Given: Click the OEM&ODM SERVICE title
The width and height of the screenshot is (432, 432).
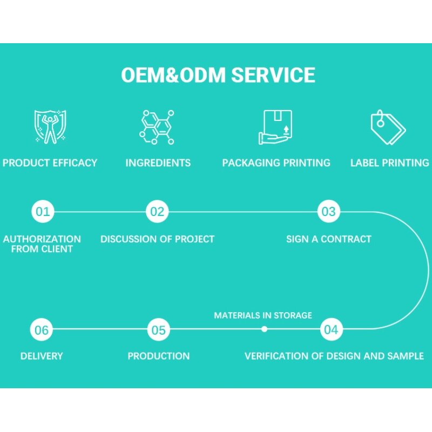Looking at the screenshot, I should [x=218, y=75].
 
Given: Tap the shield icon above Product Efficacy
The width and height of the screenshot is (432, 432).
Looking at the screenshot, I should [x=50, y=127].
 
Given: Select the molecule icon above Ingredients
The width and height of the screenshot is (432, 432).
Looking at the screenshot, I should [x=157, y=127].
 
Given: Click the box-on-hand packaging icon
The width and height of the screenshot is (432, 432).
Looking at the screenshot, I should [x=276, y=127].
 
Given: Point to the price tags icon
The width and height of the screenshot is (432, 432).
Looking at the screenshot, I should [x=388, y=127].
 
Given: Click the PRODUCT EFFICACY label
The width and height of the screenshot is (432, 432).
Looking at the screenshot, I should [x=50, y=163].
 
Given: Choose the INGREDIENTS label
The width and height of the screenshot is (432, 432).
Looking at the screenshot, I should [x=158, y=163].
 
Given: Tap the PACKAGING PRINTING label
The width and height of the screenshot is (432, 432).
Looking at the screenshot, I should [x=276, y=163].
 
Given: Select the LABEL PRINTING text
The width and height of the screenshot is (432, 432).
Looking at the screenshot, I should [x=389, y=163].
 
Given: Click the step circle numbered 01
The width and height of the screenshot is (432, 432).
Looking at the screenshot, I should [x=43, y=211].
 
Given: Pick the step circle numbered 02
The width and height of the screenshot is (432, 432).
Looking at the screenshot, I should [x=157, y=211].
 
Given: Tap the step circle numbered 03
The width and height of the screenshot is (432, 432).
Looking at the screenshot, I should [x=328, y=211].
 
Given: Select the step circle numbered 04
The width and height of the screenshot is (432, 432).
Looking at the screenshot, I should [x=331, y=329].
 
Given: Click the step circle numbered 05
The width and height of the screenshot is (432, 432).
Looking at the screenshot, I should [x=159, y=329].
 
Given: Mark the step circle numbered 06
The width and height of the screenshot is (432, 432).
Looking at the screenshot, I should [x=42, y=329].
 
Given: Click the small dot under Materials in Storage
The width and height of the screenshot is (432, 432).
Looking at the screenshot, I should [x=264, y=329].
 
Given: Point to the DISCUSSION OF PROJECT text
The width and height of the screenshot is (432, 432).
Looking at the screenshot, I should [x=157, y=239].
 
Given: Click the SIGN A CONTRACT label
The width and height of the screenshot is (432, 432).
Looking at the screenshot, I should [x=328, y=239].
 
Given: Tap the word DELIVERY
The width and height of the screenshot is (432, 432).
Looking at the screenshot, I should [x=42, y=356].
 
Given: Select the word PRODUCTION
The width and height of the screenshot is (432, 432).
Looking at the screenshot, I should [x=159, y=356].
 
